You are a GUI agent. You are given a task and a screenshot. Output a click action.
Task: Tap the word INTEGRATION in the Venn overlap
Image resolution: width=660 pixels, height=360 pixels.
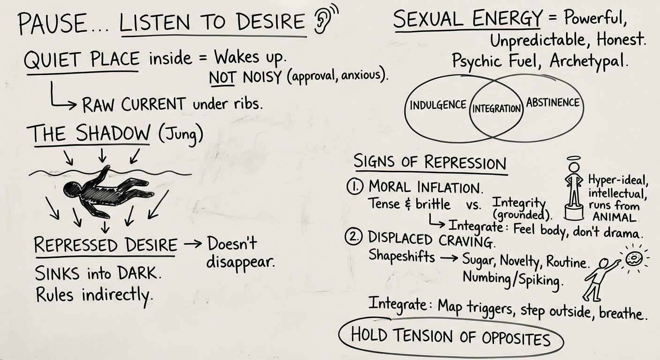[x=496, y=108]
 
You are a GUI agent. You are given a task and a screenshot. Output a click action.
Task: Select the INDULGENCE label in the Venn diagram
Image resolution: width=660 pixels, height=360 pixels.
[x=438, y=105]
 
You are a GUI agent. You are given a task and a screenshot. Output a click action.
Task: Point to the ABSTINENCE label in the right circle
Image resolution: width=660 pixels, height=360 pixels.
[x=553, y=103]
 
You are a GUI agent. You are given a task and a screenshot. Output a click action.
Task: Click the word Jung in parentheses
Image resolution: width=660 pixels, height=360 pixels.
[x=180, y=135]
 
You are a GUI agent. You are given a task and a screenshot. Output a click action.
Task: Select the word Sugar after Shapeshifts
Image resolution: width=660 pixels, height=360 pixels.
[x=480, y=259]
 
